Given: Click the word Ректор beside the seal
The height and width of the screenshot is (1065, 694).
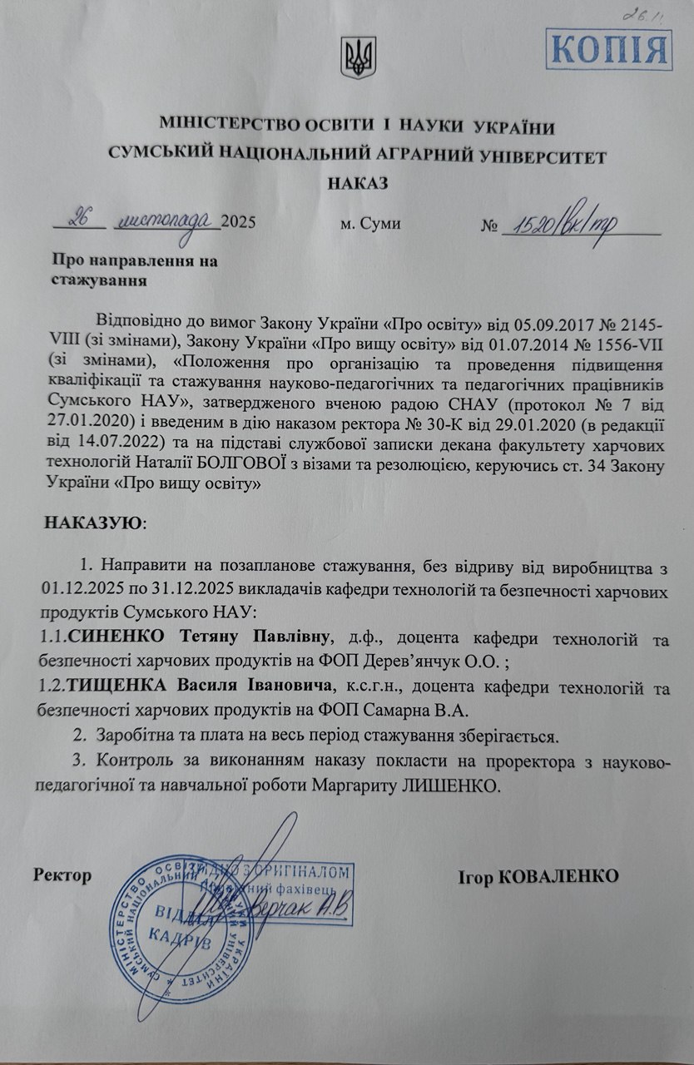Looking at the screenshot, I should point(62,875).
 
